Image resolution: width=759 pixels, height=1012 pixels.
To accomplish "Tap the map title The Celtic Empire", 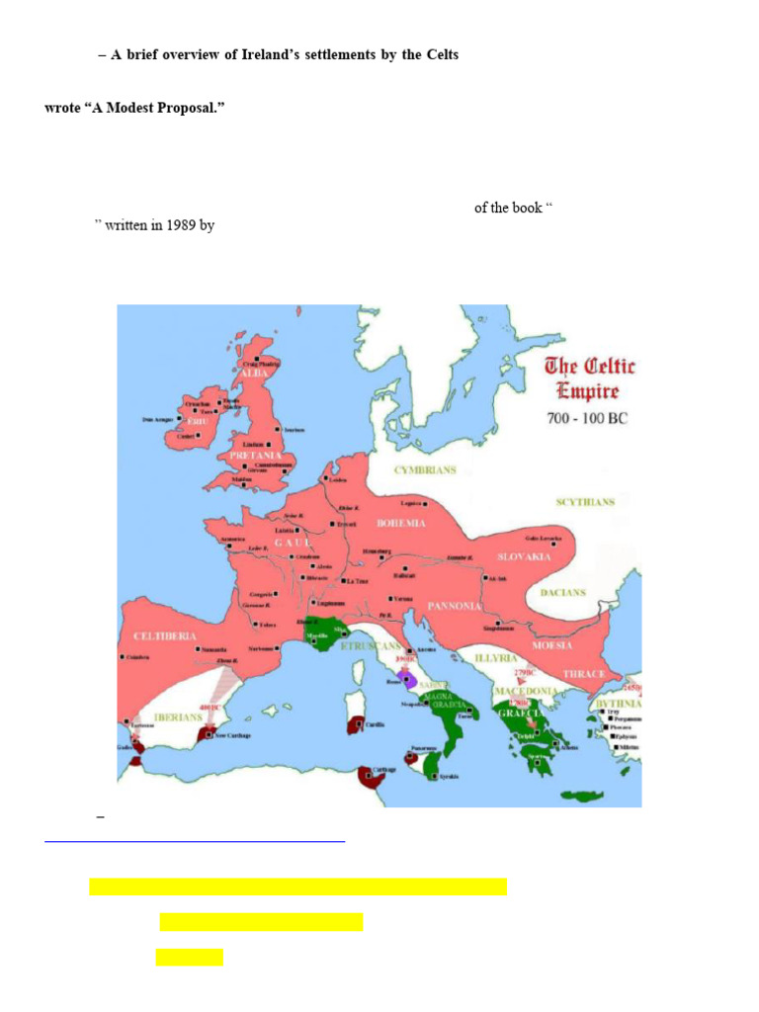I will [x=590, y=379].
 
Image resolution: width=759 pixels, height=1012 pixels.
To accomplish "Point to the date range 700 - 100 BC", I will [x=587, y=418].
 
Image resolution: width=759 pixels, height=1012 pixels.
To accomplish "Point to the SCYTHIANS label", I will [x=584, y=502].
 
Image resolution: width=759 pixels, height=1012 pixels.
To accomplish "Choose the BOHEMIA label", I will [x=400, y=522].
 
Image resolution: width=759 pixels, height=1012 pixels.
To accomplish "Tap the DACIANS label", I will [x=562, y=593].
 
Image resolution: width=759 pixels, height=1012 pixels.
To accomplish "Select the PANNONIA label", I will [x=454, y=606].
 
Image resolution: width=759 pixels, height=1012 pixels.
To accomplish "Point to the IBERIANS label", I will [x=178, y=717].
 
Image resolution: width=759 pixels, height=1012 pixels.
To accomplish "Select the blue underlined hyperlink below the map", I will [x=195, y=839].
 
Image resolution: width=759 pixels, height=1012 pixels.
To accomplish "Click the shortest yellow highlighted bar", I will [x=189, y=957].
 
